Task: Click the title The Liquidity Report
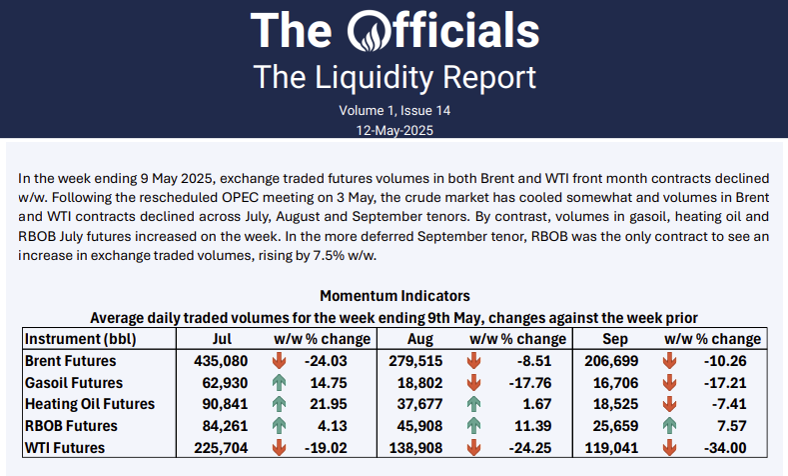394,77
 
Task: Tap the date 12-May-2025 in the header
394,129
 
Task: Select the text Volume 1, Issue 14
394,109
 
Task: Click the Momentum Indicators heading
394,296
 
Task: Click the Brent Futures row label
70,360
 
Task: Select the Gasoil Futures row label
73,382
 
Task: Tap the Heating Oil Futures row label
89,404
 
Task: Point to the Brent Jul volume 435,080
231,360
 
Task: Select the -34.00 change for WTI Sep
740,447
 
